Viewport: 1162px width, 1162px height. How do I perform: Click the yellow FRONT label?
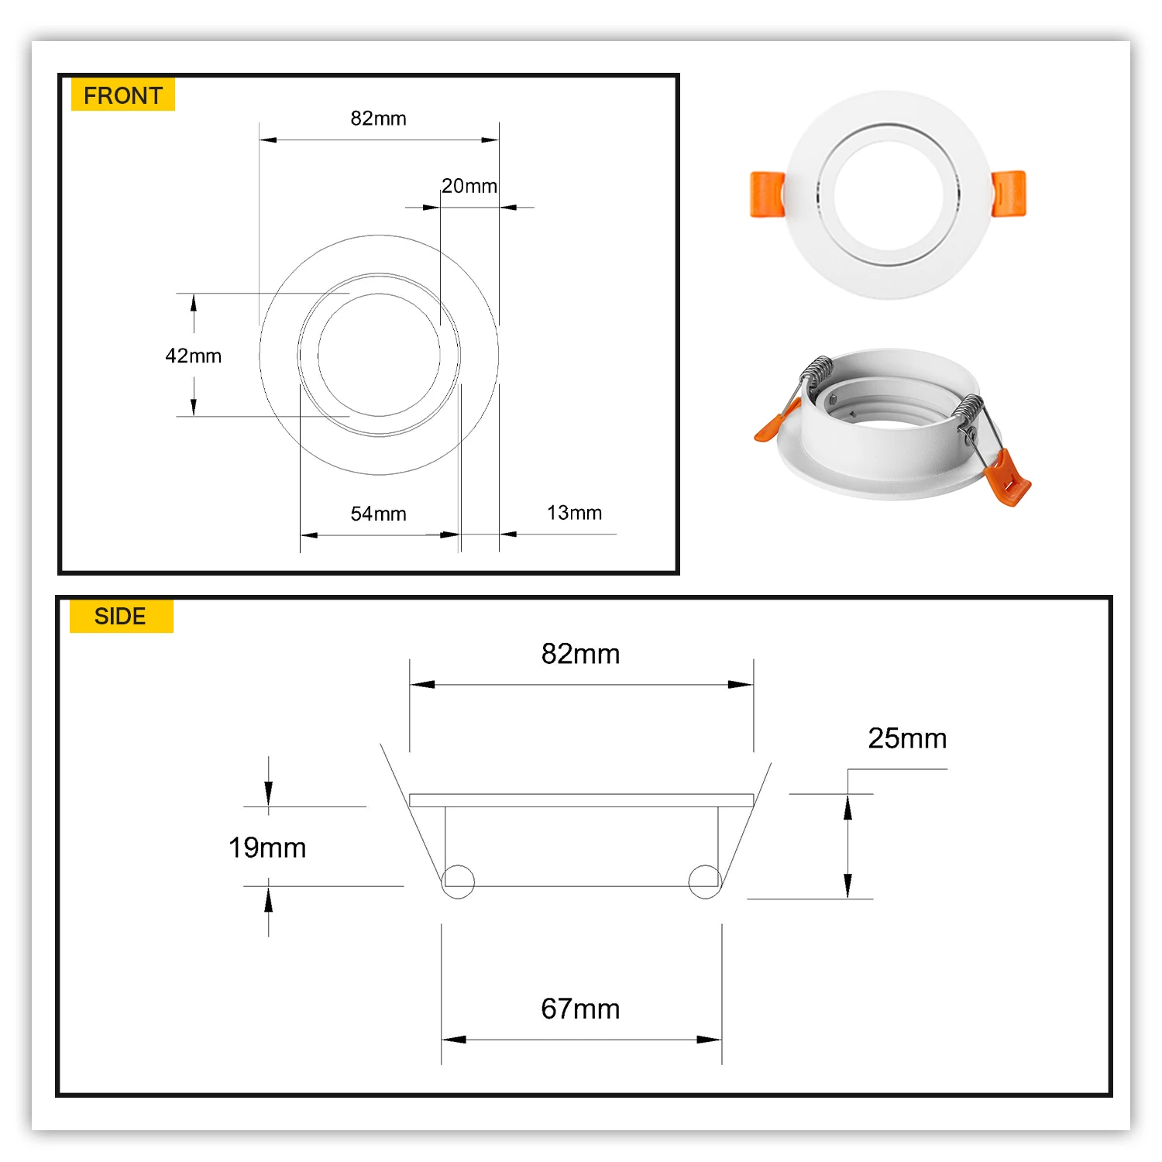(x=122, y=95)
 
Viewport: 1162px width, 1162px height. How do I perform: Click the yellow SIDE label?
(x=120, y=616)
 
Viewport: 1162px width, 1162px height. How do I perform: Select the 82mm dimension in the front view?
(x=378, y=119)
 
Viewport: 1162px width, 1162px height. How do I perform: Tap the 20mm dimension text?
(x=469, y=186)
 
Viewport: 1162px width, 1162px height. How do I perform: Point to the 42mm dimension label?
(x=193, y=356)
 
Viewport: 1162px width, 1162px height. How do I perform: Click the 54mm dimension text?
(x=378, y=514)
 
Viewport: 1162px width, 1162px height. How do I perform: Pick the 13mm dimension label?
(x=574, y=513)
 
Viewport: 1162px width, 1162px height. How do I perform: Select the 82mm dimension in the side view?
(x=580, y=654)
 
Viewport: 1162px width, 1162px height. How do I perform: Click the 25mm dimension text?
(x=907, y=738)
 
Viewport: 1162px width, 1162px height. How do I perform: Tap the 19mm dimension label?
(x=267, y=847)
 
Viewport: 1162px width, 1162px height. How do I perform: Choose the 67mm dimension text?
(x=580, y=1009)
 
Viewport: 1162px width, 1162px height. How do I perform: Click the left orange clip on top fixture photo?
(x=766, y=194)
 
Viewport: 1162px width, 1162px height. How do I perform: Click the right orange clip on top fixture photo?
(x=1009, y=193)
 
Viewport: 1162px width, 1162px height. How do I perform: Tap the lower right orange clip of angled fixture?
(x=1008, y=478)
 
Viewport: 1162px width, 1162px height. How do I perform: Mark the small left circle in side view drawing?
(x=458, y=882)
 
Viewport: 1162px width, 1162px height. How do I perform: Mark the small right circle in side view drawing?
(x=704, y=882)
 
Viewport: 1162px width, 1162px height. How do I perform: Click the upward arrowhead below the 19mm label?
(x=268, y=899)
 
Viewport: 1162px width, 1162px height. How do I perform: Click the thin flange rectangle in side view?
(x=581, y=800)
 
